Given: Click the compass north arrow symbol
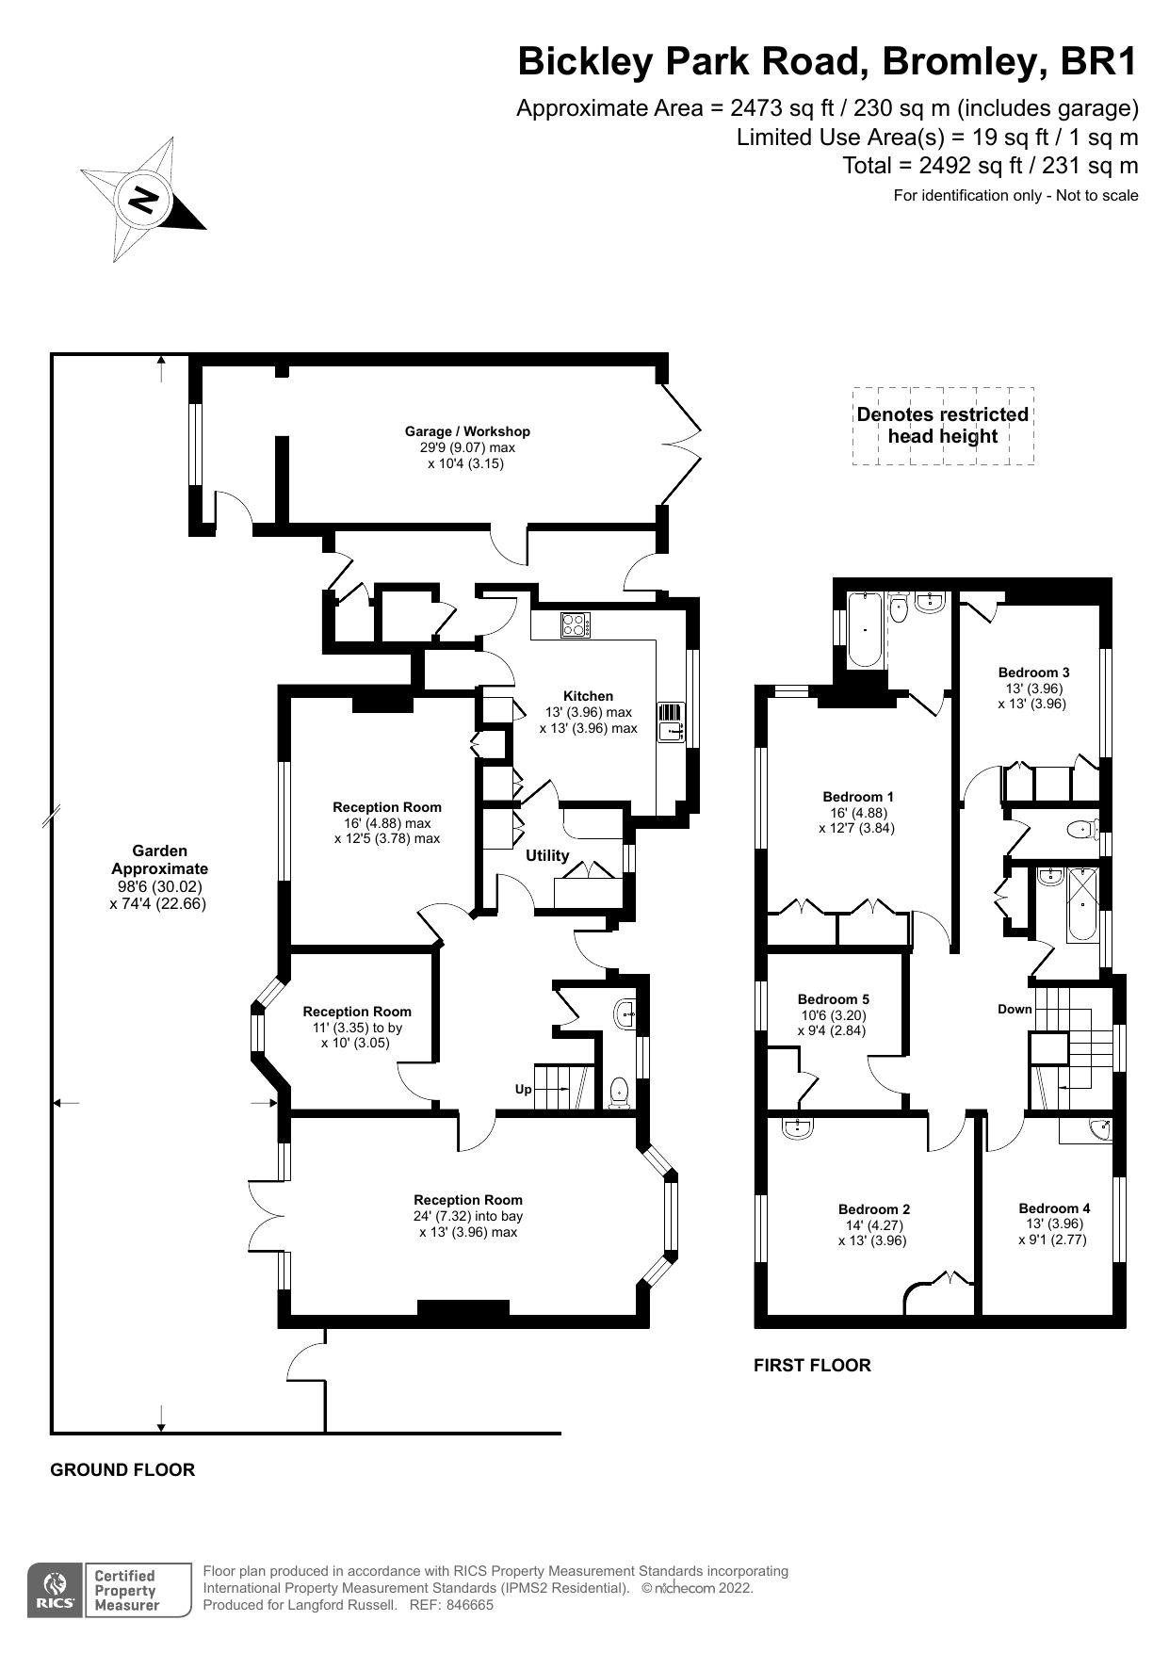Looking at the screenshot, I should click(142, 199).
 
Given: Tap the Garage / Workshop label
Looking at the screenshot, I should click(467, 431).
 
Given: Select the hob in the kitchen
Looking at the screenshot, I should click(575, 625).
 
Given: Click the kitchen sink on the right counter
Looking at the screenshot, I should click(671, 722).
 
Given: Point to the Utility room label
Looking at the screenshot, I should click(547, 855).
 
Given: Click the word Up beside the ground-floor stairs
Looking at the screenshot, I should click(523, 1089).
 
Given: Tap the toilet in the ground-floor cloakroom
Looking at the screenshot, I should click(619, 1093).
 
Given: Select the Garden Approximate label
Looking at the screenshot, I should click(159, 860).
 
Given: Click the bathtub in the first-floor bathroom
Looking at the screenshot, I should click(866, 629).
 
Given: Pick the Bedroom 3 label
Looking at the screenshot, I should click(1033, 673).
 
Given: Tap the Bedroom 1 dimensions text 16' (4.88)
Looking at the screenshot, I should click(856, 813).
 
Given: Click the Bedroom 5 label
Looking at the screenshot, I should click(833, 999).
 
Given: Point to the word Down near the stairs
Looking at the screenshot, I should click(1015, 1009).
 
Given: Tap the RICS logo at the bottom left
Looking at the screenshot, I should click(56, 1591).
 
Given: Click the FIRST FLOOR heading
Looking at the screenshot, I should click(812, 1365).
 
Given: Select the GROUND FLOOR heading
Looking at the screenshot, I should click(122, 1469).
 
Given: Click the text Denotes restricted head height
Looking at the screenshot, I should click(942, 425).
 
